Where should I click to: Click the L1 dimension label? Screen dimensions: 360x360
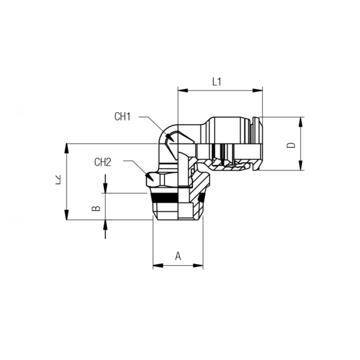click(x=217, y=82)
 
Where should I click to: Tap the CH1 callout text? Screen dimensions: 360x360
click(x=122, y=116)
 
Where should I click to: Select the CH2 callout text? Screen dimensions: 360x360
click(x=103, y=162)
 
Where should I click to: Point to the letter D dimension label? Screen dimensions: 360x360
click(x=292, y=145)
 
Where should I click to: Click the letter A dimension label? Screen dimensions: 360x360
click(x=178, y=256)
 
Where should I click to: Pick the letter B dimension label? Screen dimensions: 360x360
click(x=96, y=208)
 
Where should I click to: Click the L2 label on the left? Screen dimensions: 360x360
click(x=58, y=180)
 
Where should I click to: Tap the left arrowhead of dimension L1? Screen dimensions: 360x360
click(x=183, y=90)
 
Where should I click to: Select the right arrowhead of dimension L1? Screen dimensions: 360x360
click(x=257, y=90)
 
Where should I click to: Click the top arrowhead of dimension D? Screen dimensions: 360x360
click(x=301, y=122)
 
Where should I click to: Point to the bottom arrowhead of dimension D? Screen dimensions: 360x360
click(x=301, y=166)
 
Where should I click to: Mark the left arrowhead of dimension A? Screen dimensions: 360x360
click(x=158, y=266)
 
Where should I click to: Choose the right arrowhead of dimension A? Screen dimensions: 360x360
click(x=198, y=266)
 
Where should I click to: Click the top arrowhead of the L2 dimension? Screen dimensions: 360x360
click(x=67, y=149)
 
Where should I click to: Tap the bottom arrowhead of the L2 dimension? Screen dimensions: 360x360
click(x=67, y=215)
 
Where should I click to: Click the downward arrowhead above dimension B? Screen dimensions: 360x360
click(x=106, y=188)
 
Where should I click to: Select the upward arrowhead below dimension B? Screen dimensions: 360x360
click(x=106, y=225)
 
